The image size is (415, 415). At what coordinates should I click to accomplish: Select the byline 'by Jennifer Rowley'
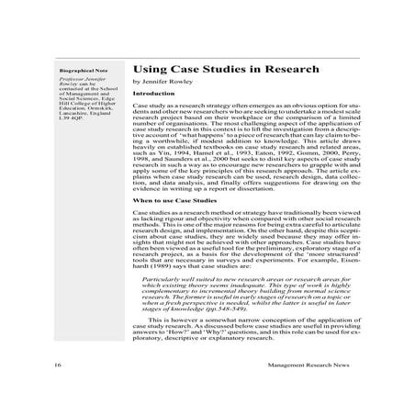163,82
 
